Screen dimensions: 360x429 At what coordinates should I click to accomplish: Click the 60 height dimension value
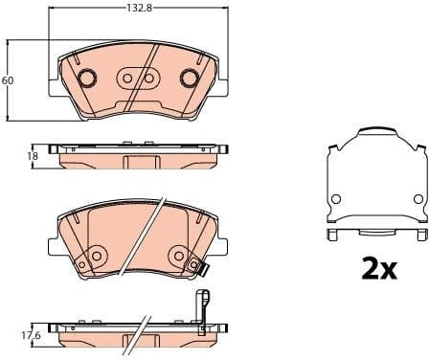coord(8,80)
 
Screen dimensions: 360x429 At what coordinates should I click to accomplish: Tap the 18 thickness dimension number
coord(32,154)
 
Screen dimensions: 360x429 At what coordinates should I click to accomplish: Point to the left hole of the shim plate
coord(335,199)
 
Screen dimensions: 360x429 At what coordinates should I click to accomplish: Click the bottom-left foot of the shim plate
coord(332,234)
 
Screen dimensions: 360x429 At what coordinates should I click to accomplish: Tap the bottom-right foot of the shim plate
coord(418,234)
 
